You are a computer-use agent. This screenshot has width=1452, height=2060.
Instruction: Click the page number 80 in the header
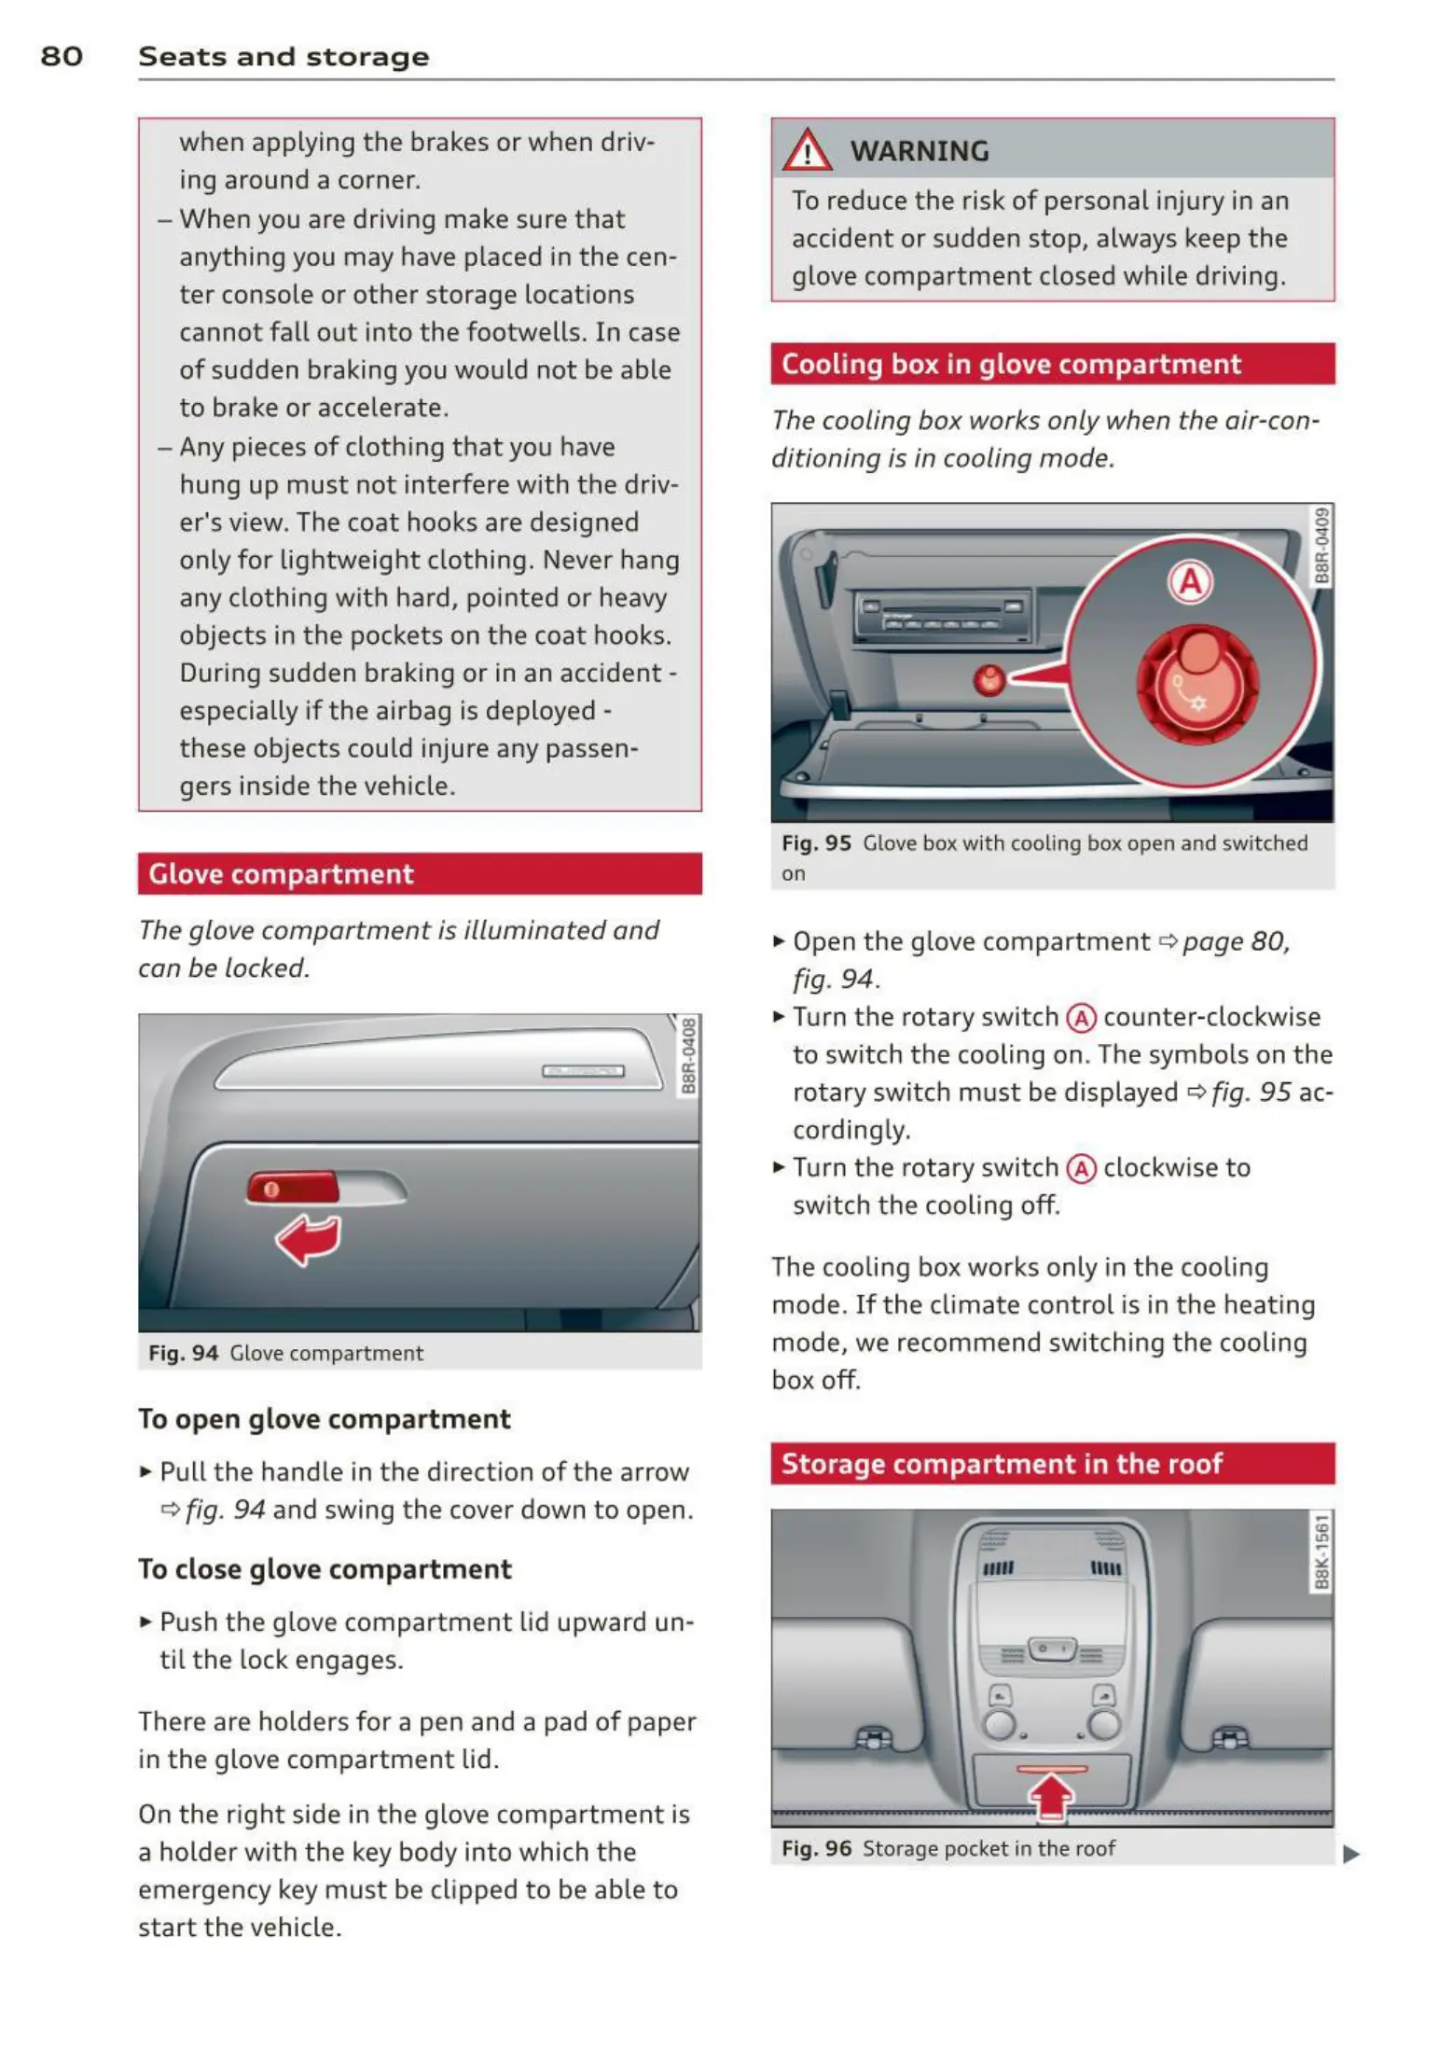click(62, 56)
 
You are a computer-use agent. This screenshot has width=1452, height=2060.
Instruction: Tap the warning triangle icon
click(807, 151)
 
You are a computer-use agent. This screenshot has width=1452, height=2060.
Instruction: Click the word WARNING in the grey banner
click(919, 151)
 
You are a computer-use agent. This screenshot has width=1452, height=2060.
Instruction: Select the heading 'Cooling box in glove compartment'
click(1011, 364)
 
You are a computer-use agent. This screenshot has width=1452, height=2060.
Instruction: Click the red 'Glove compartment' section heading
click(281, 874)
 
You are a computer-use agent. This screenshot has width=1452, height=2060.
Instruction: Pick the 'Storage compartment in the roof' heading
click(1001, 1464)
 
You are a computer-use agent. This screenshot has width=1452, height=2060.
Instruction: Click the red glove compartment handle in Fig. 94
click(292, 1189)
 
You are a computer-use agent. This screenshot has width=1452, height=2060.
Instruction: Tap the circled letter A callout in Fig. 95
click(1190, 582)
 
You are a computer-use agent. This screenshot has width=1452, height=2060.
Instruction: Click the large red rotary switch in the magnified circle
click(1197, 684)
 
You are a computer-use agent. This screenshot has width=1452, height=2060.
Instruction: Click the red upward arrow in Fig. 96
click(1052, 1795)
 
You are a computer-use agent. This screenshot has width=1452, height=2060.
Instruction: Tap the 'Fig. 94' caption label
click(183, 1354)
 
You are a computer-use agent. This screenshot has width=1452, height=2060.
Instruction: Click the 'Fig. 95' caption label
click(816, 843)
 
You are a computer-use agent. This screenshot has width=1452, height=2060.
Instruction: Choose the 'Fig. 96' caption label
click(816, 1849)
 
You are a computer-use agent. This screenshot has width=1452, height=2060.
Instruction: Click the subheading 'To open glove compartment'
click(324, 1419)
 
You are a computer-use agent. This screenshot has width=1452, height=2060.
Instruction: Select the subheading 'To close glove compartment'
click(325, 1569)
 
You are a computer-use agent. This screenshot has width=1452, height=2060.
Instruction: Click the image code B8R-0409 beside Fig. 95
click(1321, 546)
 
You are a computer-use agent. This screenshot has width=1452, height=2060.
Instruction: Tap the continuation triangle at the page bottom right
click(1350, 1855)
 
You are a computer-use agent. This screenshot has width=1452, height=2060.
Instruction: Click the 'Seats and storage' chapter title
click(283, 56)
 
